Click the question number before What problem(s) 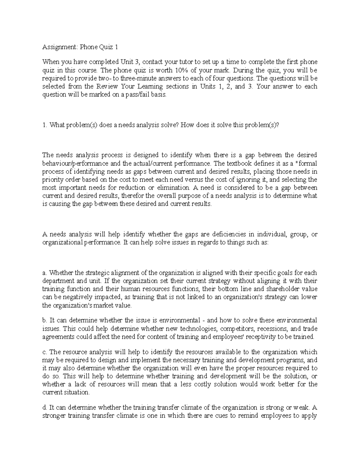click(x=44, y=125)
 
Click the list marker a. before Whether click(x=45, y=273)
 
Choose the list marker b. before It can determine click(x=45, y=320)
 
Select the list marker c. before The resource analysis click(x=45, y=352)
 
